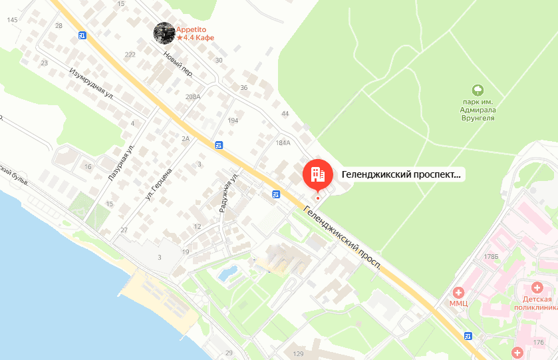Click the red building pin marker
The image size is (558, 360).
[x=317, y=174]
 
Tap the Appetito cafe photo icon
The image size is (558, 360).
[x=164, y=33]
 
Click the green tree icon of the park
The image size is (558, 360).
[x=477, y=90]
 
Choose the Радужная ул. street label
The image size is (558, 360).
[x=229, y=192]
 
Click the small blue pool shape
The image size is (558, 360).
[x=227, y=272]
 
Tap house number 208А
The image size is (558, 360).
[x=193, y=97]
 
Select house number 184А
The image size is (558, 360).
[x=283, y=142]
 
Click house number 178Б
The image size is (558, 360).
[x=491, y=256]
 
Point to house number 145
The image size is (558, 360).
[x=12, y=20]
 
